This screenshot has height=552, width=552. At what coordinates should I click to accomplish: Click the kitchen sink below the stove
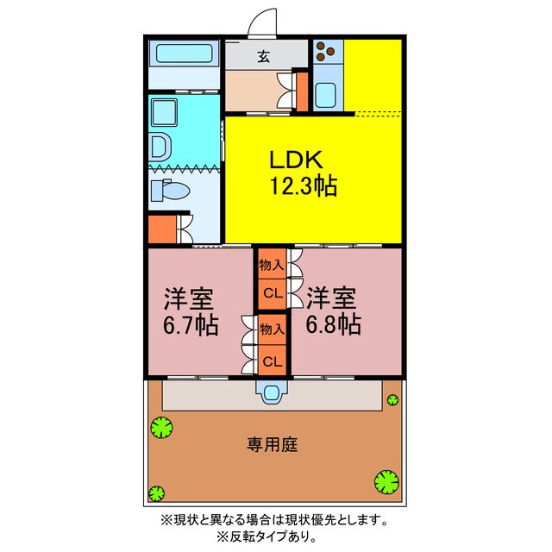coord(327,94)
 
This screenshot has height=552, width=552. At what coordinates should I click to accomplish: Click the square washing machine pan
coord(162,111)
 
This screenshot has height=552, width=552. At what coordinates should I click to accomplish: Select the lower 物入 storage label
coord(272,329)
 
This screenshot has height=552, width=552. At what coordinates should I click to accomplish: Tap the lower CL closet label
coord(272,360)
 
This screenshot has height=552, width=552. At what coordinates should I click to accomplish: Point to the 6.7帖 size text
coord(190,325)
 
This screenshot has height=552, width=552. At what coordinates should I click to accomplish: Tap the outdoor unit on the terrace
coord(273,393)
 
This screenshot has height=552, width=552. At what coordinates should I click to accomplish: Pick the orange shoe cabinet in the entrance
coord(302,91)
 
